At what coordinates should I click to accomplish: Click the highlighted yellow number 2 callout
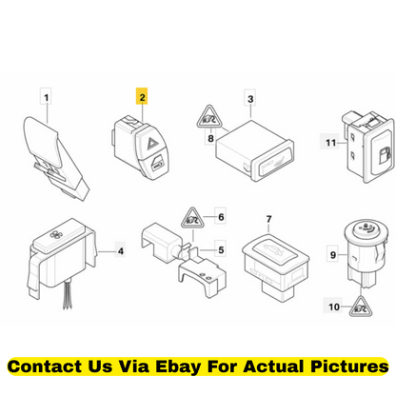142,96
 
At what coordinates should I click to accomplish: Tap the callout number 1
47,97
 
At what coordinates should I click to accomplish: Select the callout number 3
250,99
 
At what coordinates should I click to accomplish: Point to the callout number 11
330,143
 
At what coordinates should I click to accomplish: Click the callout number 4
121,251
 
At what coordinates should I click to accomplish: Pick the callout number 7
268,219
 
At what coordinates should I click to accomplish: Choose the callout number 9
333,254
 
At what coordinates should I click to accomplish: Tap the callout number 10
333,307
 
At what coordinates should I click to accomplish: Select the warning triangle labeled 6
192,219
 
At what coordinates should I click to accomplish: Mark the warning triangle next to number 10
361,307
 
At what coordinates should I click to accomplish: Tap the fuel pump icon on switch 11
384,155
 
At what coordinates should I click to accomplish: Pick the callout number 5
221,249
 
